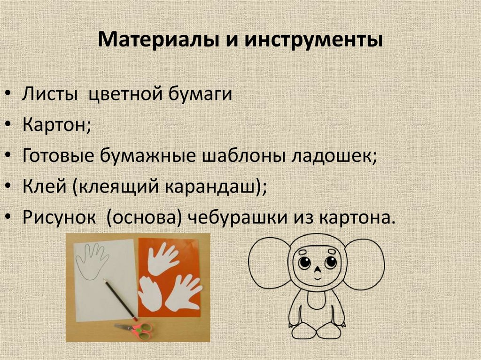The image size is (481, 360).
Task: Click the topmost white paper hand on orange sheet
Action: coord(163,258)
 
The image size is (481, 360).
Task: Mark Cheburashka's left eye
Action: coord(304,262)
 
